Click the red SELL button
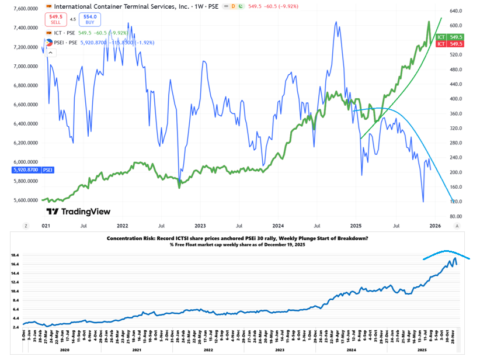point(56,19)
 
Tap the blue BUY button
point(89,19)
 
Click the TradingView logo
point(78,212)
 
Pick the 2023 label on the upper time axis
point(200,225)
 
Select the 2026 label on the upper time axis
point(434,225)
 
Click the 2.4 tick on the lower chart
point(17,327)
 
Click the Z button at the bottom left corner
point(25,225)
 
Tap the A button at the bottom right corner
point(457,225)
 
